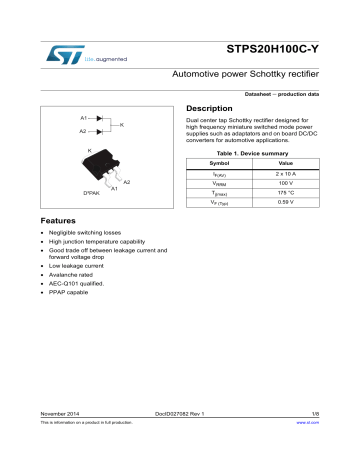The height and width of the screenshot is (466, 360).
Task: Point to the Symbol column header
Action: point(218,162)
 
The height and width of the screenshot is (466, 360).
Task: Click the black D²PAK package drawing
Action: point(92,168)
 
